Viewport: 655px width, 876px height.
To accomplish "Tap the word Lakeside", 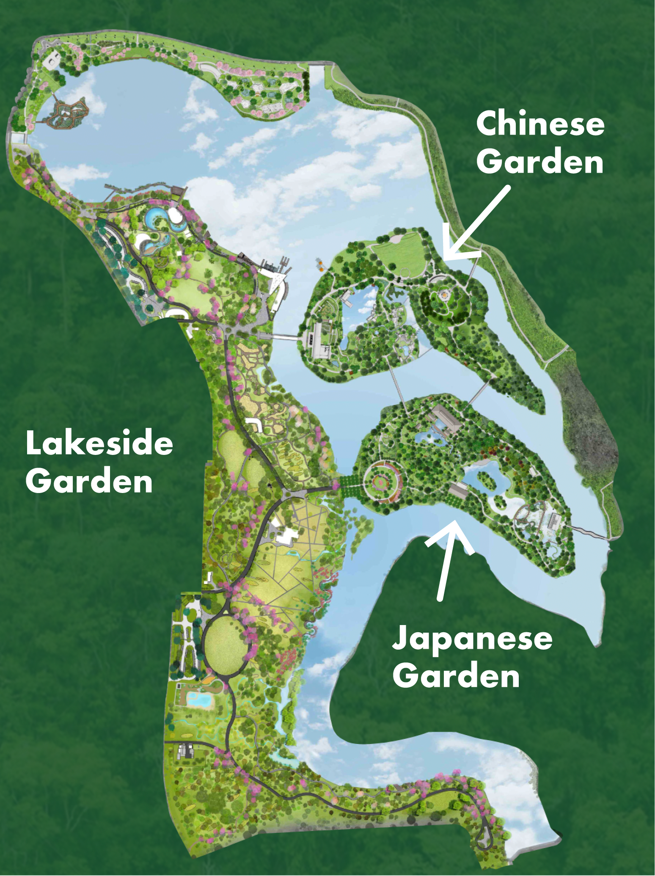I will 99,444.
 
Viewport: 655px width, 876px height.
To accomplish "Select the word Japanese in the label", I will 472,639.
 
